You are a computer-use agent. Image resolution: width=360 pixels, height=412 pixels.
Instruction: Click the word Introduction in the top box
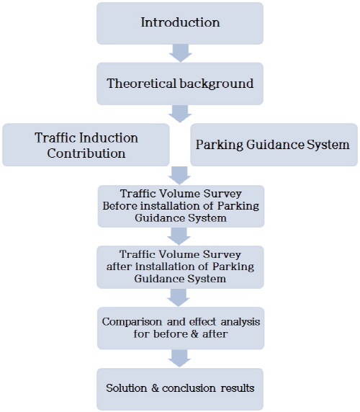180,22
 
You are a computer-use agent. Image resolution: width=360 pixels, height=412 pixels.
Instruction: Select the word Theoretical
142,84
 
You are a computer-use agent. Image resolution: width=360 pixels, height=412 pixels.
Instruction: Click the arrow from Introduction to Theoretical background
181,53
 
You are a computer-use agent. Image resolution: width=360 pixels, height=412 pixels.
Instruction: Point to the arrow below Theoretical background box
180,114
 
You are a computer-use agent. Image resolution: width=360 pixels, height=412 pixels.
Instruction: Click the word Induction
109,138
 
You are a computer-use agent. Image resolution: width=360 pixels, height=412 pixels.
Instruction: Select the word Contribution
86,153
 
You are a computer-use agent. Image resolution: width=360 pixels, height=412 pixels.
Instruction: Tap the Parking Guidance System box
274,145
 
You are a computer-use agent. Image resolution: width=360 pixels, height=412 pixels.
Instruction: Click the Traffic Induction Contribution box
86,145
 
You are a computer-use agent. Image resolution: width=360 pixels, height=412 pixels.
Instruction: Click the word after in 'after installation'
120,267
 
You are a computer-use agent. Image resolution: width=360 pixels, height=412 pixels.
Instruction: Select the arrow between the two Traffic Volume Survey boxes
179,236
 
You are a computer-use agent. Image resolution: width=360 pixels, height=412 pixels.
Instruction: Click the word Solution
126,388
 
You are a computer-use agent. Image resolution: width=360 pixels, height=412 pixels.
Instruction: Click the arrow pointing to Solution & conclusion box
179,359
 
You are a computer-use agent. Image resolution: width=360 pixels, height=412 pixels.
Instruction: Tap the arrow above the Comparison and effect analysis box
179,297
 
